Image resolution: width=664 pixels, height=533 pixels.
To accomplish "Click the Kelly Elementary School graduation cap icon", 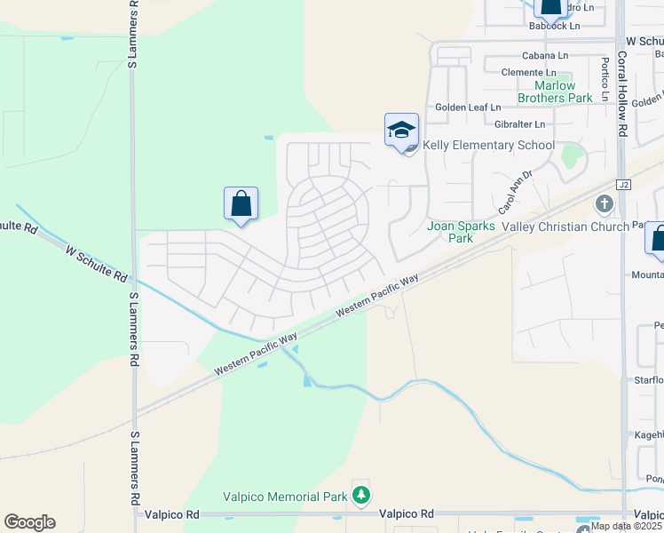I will click(x=401, y=130).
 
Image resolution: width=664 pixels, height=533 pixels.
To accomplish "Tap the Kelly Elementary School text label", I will click(x=488, y=145).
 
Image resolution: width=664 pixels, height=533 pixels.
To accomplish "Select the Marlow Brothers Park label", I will click(x=555, y=92).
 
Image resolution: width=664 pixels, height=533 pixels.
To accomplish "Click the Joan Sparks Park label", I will click(x=462, y=232).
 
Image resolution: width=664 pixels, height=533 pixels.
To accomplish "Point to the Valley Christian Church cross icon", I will click(x=605, y=205).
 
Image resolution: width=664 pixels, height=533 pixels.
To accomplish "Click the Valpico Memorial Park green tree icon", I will click(x=361, y=495).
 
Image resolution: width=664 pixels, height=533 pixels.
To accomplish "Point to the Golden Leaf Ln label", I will click(x=468, y=107).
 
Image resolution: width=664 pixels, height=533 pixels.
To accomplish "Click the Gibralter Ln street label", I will click(x=520, y=124).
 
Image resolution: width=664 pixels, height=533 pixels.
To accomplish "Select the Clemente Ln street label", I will click(x=528, y=73).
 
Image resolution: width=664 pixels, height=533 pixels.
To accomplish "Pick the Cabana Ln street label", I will click(x=544, y=55).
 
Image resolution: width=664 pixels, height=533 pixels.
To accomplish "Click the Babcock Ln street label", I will click(x=554, y=26).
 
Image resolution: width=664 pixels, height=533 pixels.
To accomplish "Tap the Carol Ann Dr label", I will click(x=514, y=193).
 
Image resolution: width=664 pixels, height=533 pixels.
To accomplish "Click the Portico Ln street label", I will click(x=604, y=78).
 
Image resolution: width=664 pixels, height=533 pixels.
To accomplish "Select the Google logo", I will click(x=29, y=522).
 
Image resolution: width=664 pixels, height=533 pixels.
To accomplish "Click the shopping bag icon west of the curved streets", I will click(x=241, y=203).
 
